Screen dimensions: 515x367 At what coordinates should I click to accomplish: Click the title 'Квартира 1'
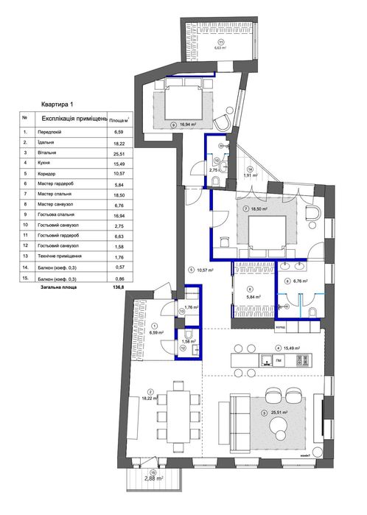click(57, 105)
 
